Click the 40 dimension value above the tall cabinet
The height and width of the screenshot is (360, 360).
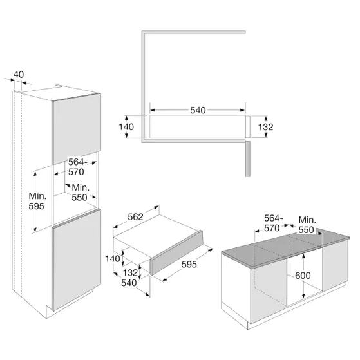pyautogui.click(x=19, y=75)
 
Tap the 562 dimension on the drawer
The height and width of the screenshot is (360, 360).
pyautogui.click(x=135, y=217)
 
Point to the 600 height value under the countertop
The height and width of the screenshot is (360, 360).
pyautogui.click(x=303, y=275)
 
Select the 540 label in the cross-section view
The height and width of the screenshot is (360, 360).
pyautogui.click(x=198, y=110)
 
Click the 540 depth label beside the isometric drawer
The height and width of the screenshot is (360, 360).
pyautogui.click(x=129, y=283)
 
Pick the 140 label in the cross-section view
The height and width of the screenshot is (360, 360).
pyautogui.click(x=126, y=127)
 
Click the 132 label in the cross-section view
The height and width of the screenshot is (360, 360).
pyautogui.click(x=265, y=127)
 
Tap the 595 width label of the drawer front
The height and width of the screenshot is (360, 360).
pyautogui.click(x=189, y=265)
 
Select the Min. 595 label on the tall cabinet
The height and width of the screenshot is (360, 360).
pyautogui.click(x=37, y=201)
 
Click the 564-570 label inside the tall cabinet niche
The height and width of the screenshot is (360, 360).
pyautogui.click(x=77, y=167)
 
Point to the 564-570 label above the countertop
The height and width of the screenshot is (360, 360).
pyautogui.click(x=273, y=223)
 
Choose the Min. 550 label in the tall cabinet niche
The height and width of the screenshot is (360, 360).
pyautogui.click(x=81, y=193)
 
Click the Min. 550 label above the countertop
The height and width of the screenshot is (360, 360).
pyautogui.click(x=307, y=225)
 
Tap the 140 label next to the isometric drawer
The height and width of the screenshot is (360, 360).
pyautogui.click(x=113, y=259)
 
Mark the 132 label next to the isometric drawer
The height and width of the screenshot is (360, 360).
pyautogui.click(x=130, y=273)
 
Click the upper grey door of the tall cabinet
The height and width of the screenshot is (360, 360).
pyautogui.click(x=77, y=129)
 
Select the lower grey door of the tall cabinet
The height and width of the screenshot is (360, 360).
pyautogui.click(x=77, y=260)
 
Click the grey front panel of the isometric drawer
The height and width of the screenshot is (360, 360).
pyautogui.click(x=176, y=252)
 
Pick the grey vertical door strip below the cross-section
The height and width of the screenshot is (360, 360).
pyautogui.click(x=247, y=159)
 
